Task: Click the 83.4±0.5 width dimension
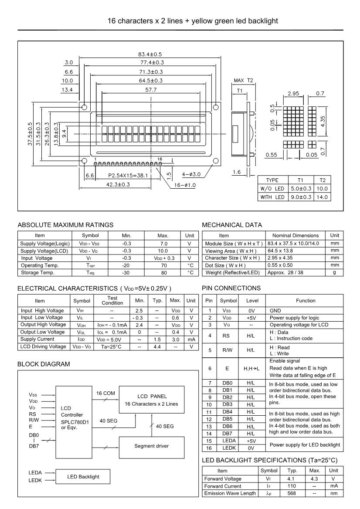tap(150, 54)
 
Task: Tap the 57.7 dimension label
tap(150, 89)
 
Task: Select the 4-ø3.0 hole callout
tap(191, 174)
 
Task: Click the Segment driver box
tap(151, 446)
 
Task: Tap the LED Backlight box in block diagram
tap(83, 477)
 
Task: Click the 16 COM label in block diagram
tap(105, 393)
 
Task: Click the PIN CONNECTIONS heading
tap(231, 288)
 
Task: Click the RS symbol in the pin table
tap(227, 336)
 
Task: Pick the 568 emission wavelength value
tap(292, 493)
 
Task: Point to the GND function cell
tap(276, 310)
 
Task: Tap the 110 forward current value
tap(292, 486)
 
